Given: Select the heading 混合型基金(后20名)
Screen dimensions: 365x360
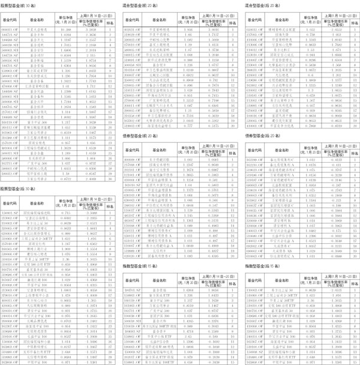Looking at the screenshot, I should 263,5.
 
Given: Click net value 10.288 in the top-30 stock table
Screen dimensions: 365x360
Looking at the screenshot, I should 67,28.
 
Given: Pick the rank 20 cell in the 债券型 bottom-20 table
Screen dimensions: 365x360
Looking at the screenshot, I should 353,254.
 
